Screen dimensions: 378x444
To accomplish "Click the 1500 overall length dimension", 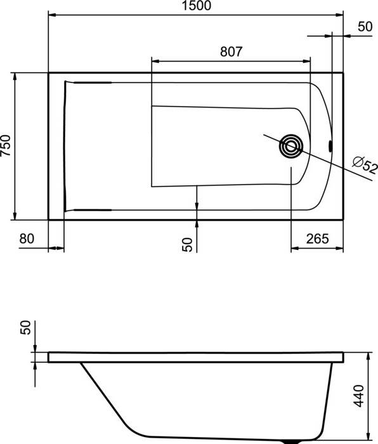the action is pos(196,6).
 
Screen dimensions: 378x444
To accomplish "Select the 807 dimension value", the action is pos(231,52).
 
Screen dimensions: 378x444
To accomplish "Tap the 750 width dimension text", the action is pos(6,146).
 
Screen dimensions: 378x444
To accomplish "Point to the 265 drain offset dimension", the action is pos(317,239).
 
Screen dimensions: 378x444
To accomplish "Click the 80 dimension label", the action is pos(27,238).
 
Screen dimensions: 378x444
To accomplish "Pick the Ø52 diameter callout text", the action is pos(365,165).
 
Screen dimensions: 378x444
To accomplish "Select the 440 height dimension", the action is pos(359,396).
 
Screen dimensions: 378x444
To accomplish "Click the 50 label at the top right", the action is pos(365,27).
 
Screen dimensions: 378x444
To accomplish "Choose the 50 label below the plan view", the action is pos(188,245).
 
